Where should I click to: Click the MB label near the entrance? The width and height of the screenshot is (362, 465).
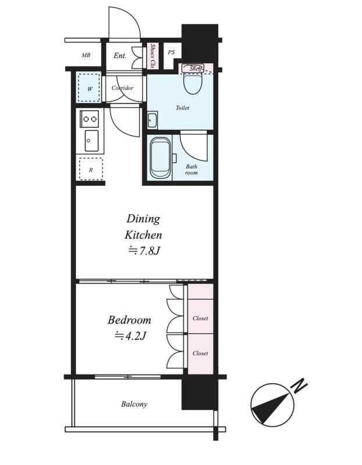[x=86, y=56]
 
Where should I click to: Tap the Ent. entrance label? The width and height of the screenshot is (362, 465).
[x=120, y=56]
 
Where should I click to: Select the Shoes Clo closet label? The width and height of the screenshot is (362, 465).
[x=153, y=56]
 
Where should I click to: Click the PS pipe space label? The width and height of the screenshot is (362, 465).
[x=171, y=52]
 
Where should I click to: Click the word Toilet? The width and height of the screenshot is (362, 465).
[x=182, y=108]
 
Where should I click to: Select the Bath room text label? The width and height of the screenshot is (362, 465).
[x=191, y=170]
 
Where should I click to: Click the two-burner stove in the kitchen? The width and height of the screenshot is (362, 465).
[x=90, y=119]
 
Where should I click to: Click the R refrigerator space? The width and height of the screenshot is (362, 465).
[x=90, y=170]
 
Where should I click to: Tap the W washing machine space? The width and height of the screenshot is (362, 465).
[x=90, y=89]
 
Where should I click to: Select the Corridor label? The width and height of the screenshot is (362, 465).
[x=122, y=88]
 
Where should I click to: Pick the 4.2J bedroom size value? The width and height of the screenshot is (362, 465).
[x=129, y=335]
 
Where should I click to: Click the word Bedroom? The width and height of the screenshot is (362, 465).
[x=129, y=320]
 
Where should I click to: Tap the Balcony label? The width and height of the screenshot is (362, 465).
[x=134, y=404]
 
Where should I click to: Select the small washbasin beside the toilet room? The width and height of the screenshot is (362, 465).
[x=152, y=121]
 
